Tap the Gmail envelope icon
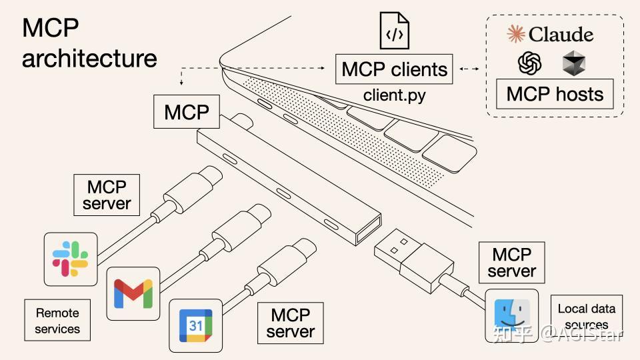pyautogui.click(x=133, y=293)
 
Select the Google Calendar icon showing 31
pyautogui.click(x=195, y=325)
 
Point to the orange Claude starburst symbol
pyautogui.click(x=515, y=34)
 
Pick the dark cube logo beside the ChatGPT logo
pyautogui.click(x=573, y=64)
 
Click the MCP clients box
pyautogui.click(x=394, y=69)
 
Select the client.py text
pyautogui.click(x=394, y=95)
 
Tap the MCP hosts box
pyautogui.click(x=555, y=93)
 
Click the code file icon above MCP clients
pyautogui.click(x=395, y=31)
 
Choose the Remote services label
pyautogui.click(x=57, y=321)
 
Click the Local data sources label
pyautogui.click(x=586, y=316)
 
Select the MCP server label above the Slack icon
pyautogui.click(x=107, y=195)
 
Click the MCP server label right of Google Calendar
pyautogui.click(x=290, y=323)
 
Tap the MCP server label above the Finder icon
pyautogui.click(x=511, y=263)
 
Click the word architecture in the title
pyautogui.click(x=89, y=58)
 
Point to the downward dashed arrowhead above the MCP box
pyautogui.click(x=181, y=83)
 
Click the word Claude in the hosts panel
pyautogui.click(x=560, y=34)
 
